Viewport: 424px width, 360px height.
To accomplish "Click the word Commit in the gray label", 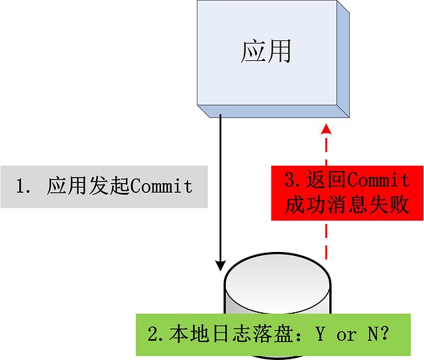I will coord(162,186).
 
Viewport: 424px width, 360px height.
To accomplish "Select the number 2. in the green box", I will coord(155,335).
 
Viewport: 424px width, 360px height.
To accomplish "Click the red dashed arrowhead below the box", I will coord(325,129).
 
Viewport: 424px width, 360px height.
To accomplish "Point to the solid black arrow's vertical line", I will coord(221,186).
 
